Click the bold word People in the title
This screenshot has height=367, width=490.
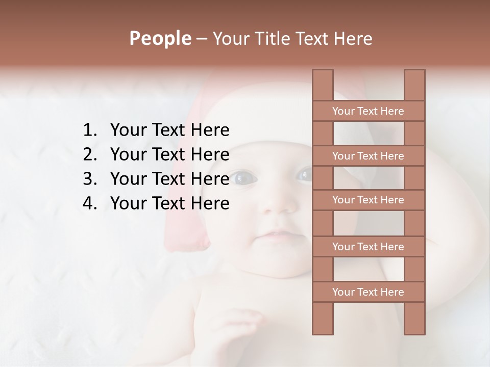[x=160, y=39]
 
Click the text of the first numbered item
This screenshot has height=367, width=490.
[x=169, y=130]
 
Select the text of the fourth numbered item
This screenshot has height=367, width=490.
[x=169, y=203]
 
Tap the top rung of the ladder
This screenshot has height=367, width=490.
[x=368, y=111]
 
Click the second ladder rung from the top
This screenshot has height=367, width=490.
[x=368, y=156]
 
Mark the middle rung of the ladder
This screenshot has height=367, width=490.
[x=368, y=200]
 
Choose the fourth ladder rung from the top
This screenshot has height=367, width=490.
[x=368, y=247]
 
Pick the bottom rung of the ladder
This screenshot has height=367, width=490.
[x=368, y=292]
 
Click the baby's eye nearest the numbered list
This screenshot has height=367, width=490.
[x=244, y=178]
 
